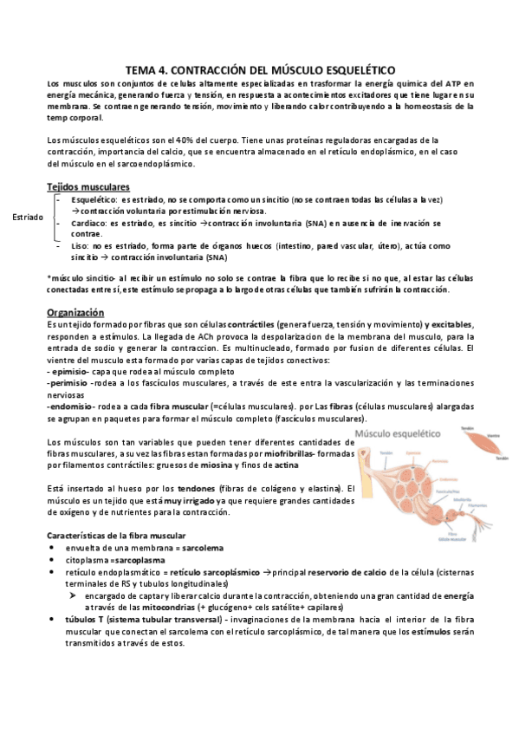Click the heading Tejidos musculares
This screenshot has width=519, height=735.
[88, 187]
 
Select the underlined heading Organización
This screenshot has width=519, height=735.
[75, 313]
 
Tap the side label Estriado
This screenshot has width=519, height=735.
[28, 217]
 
